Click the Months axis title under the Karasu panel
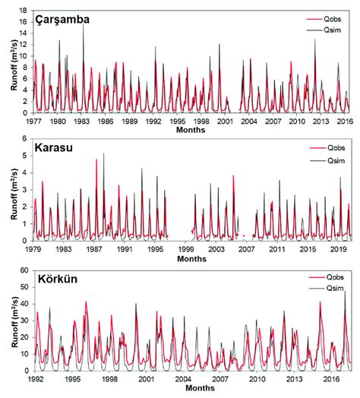click(191, 258)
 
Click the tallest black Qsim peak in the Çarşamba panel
click(84, 24)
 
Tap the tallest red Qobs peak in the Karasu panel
click(96, 160)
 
